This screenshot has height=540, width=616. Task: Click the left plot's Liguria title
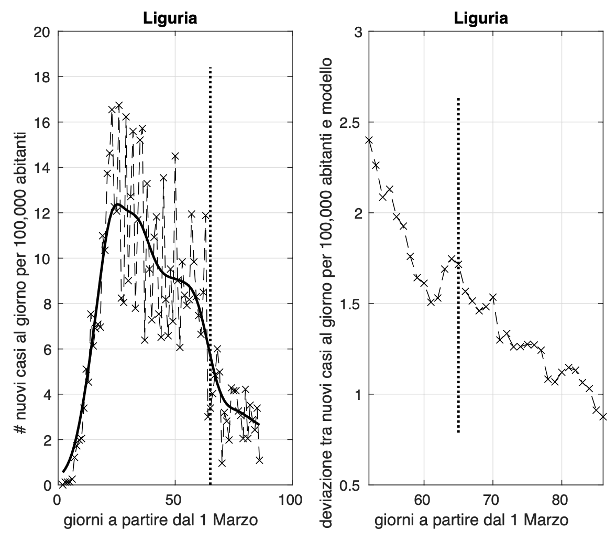tap(170, 19)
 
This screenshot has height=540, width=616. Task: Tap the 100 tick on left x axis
tap(291, 500)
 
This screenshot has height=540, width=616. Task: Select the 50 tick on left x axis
tap(174, 500)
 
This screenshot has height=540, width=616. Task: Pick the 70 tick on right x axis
tap(492, 500)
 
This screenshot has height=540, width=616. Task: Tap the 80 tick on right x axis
tap(562, 500)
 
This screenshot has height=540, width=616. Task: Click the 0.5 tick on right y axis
tap(354, 485)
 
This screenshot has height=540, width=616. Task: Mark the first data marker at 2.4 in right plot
tap(369, 140)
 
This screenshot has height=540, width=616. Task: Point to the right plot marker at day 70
tap(492, 298)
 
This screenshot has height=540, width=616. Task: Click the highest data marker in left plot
tap(119, 106)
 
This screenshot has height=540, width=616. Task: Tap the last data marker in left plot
tap(259, 460)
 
